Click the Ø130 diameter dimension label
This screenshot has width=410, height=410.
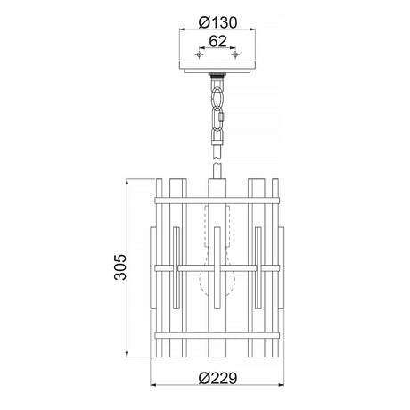[x=217, y=22]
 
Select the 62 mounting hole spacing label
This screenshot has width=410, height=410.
[x=217, y=41]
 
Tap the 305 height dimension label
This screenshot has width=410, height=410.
[x=120, y=267]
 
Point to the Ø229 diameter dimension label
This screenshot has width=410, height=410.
[x=217, y=378]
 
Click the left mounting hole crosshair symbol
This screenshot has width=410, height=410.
[x=199, y=54]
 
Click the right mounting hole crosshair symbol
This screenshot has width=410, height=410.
[x=235, y=54]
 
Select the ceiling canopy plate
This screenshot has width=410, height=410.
[x=217, y=67]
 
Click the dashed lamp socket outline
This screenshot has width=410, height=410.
[x=217, y=225]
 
